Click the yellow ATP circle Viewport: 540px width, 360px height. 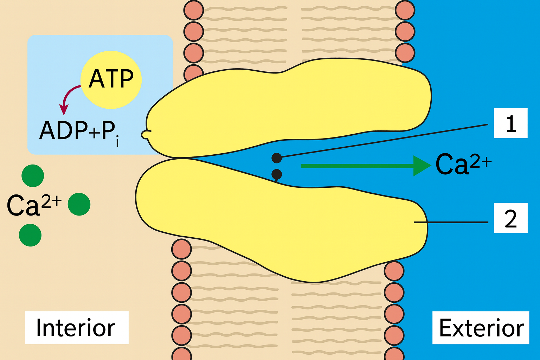tap(111, 79)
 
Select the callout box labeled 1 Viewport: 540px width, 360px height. tap(510, 123)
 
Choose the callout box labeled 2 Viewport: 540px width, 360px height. tap(510, 218)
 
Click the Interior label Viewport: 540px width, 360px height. tap(76, 328)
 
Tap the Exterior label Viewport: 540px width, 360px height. tap(481, 328)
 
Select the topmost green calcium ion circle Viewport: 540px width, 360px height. tap(33, 176)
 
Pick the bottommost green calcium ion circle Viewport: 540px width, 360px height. tap(30, 235)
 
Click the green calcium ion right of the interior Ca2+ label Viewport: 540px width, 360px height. tap(79, 204)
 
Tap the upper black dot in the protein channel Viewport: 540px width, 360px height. tap(277, 158)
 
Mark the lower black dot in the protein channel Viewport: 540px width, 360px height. tap(277, 174)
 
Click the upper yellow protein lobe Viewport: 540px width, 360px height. tap(288, 109)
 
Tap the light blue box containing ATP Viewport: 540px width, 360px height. tap(53, 53)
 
